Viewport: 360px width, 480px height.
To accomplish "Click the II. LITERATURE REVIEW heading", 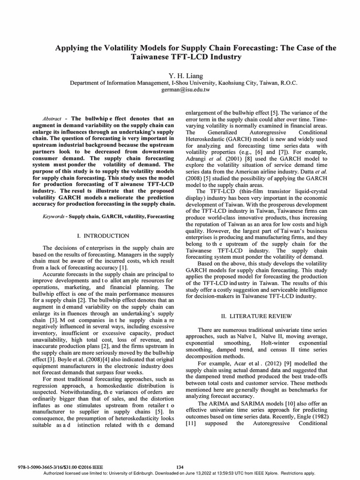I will coord(256,316).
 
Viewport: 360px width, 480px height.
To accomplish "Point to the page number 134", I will coord(180,467).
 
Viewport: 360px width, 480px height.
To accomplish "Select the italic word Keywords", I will coord(53,217).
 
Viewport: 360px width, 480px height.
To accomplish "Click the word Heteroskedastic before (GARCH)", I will coord(207,139).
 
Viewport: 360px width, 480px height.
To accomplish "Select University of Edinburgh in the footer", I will coord(125,473).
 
